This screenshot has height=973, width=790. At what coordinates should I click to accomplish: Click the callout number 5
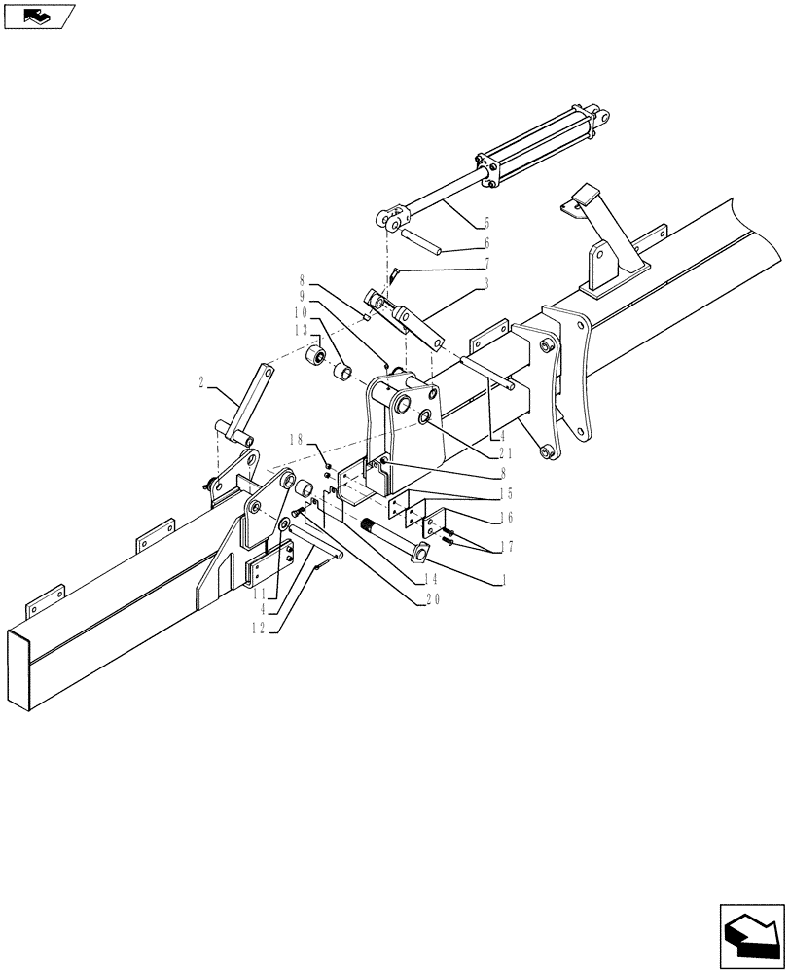point(486,223)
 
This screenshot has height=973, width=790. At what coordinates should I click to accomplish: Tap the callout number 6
point(486,243)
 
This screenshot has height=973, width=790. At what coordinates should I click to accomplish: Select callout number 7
point(486,263)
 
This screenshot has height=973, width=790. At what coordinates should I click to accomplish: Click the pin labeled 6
point(425,240)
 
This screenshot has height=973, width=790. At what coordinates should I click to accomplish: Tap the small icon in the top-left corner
point(38,16)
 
